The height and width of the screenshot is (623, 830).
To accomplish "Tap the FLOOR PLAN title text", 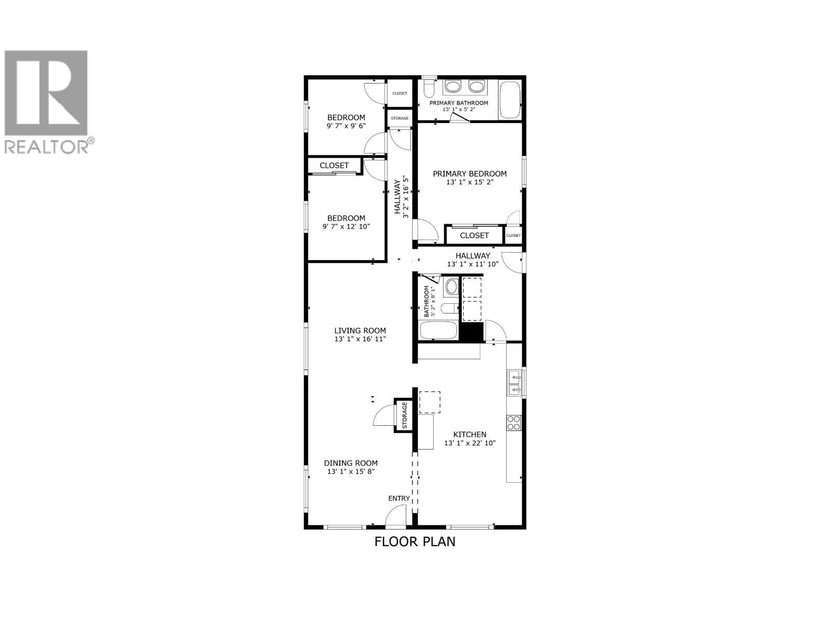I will [x=414, y=541].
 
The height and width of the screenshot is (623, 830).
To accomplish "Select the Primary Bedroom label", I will [x=469, y=174].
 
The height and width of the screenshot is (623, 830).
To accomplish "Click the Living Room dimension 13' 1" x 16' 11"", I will [x=360, y=339].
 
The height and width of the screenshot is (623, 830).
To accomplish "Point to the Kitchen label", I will [x=469, y=435].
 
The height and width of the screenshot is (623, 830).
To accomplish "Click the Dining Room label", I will [x=351, y=463].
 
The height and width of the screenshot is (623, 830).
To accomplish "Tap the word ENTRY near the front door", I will [x=399, y=498].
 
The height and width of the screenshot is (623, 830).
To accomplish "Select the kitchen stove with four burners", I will [x=514, y=423].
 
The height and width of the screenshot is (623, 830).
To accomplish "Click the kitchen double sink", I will [x=515, y=382].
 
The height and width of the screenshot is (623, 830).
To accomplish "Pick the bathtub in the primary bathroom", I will [x=509, y=100].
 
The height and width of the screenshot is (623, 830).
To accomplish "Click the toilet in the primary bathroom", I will [x=428, y=89].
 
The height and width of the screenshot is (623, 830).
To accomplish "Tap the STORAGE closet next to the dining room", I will [x=404, y=414].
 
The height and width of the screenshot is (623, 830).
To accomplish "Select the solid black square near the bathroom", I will [x=472, y=332].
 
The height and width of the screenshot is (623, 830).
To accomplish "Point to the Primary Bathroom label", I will [x=459, y=103].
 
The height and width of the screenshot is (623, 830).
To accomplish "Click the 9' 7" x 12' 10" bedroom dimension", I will [x=346, y=226].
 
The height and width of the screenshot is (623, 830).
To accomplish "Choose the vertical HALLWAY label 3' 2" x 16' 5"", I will [x=402, y=197].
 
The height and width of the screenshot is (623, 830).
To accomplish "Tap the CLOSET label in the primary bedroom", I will [x=474, y=235].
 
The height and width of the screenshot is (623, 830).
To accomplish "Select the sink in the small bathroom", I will [x=451, y=286].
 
